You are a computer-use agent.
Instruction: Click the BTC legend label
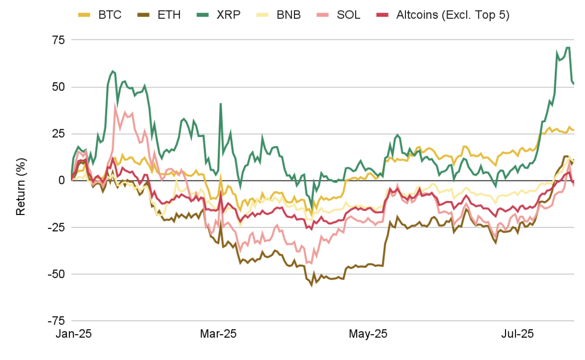pyautogui.click(x=110, y=15)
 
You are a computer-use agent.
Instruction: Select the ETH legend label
pyautogui.click(x=169, y=15)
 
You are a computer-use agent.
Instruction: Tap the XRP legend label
pyautogui.click(x=228, y=15)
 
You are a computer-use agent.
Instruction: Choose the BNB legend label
pyautogui.click(x=289, y=15)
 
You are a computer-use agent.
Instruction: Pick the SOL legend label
pyautogui.click(x=349, y=15)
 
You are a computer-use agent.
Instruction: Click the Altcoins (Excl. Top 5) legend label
pyautogui.click(x=453, y=15)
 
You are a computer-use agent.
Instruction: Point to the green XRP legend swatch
pyautogui.click(x=202, y=15)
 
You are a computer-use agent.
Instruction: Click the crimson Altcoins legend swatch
pyautogui.click(x=382, y=15)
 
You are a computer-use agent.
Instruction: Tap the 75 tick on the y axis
pyautogui.click(x=58, y=40)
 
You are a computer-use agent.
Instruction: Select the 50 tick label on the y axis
pyautogui.click(x=58, y=87)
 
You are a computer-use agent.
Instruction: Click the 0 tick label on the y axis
pyautogui.click(x=62, y=180)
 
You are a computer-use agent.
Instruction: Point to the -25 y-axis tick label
pyautogui.click(x=56, y=227)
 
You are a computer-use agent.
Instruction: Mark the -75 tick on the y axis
pyautogui.click(x=56, y=321)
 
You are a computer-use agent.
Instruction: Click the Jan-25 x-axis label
pyautogui.click(x=74, y=334)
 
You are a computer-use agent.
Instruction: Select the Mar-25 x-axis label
pyautogui.click(x=218, y=334)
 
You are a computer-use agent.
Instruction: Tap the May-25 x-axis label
pyautogui.click(x=368, y=334)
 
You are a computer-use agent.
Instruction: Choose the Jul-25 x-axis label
pyautogui.click(x=517, y=334)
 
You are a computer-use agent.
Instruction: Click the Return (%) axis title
pyautogui.click(x=21, y=187)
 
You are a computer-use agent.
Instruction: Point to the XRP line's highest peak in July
pyautogui.click(x=568, y=47)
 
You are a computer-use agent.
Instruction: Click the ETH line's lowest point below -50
pyautogui.click(x=312, y=286)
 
